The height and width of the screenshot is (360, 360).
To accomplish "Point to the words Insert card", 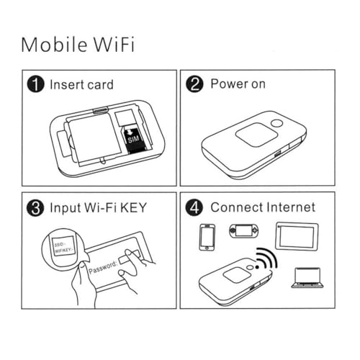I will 81,84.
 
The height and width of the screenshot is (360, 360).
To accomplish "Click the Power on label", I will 238,84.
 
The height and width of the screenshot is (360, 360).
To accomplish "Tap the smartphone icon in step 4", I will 207,237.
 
